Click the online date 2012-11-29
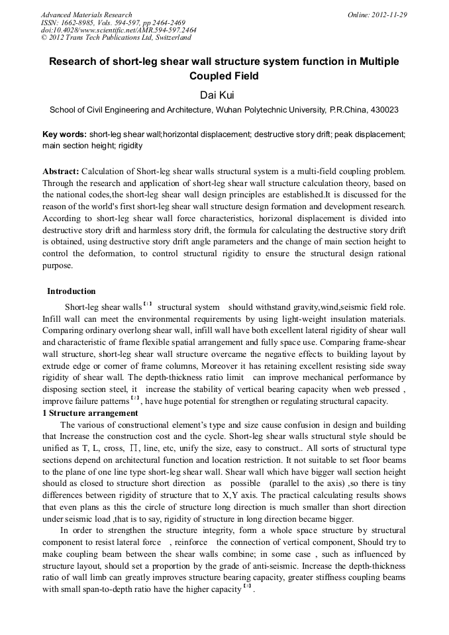(x=390, y=15)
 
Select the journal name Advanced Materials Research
(x=86, y=15)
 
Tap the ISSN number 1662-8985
(x=77, y=23)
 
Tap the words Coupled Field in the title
(x=224, y=75)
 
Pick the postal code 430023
(x=383, y=109)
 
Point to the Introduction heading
(x=71, y=291)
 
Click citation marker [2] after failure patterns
(x=135, y=399)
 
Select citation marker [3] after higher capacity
(x=247, y=587)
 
